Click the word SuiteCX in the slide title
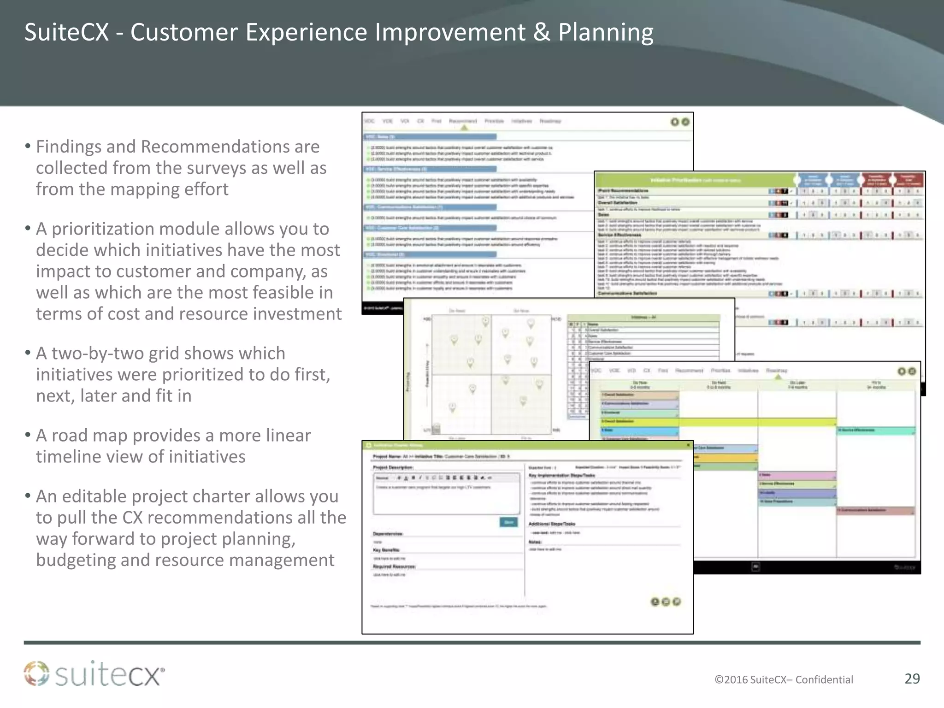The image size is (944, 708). [66, 33]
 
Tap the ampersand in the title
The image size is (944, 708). [542, 33]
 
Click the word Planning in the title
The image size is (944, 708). [606, 33]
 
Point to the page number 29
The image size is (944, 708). [912, 678]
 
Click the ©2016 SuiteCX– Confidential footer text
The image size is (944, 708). [784, 679]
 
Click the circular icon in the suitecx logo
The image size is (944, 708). [36, 673]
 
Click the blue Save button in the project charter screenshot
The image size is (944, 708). [508, 522]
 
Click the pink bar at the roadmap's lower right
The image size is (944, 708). [875, 510]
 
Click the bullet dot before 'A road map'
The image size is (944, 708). [28, 435]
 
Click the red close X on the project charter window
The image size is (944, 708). [688, 445]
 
